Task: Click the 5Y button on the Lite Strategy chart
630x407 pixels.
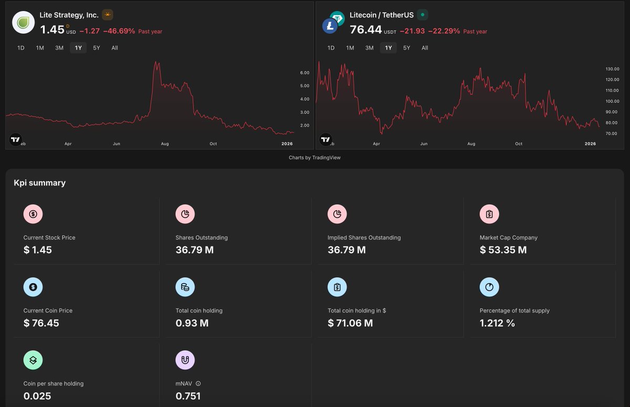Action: [97, 48]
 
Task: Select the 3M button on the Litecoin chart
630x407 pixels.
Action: [369, 48]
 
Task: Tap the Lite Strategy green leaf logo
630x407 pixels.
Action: [23, 23]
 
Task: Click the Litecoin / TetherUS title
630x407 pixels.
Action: [382, 15]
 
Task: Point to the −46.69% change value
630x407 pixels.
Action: [119, 31]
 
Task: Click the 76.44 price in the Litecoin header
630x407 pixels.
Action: [366, 30]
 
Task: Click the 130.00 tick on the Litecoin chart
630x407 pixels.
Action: [612, 69]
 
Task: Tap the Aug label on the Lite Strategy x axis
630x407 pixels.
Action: [165, 143]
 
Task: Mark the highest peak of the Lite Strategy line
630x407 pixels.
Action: [156, 62]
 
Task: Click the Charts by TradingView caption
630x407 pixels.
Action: [314, 158]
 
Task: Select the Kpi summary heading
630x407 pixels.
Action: [40, 183]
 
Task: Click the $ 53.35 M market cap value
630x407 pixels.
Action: [503, 250]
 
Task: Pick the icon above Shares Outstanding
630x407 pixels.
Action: [185, 214]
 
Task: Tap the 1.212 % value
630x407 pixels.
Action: [497, 323]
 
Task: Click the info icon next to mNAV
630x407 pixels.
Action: [198, 383]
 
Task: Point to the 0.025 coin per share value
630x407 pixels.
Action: [37, 396]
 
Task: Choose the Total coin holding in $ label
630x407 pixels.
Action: [356, 310]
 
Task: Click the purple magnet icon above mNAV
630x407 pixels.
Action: [185, 360]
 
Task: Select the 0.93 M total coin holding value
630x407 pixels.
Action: [192, 323]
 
